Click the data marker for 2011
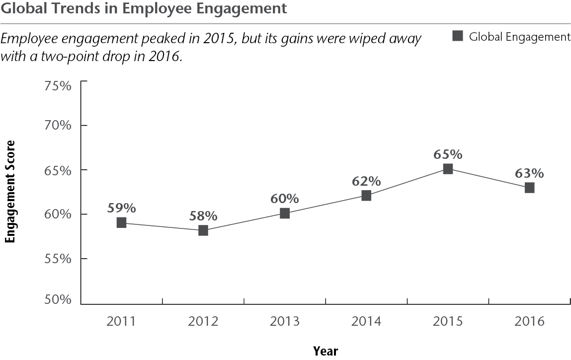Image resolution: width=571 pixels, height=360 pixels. [x=121, y=222]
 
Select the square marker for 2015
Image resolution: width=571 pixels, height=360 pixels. [x=448, y=169]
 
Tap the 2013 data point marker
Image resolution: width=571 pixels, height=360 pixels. [x=285, y=214]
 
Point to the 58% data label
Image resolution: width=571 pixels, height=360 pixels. [x=203, y=216]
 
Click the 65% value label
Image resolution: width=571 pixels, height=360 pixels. [x=448, y=154]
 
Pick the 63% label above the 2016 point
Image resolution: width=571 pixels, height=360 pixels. [x=529, y=173]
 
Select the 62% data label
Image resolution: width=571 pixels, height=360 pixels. [x=366, y=181]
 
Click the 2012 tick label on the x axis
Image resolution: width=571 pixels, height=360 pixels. [x=203, y=321]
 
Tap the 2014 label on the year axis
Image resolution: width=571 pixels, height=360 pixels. [x=366, y=321]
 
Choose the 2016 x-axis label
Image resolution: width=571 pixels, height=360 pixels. [x=529, y=321]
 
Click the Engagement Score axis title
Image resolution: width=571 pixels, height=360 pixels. [x=10, y=192]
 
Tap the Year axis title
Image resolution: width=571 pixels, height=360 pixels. [x=326, y=351]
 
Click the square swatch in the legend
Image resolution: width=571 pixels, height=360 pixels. [x=458, y=36]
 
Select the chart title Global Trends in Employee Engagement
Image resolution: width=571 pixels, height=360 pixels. [x=144, y=8]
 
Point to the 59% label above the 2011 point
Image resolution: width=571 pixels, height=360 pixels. [x=121, y=208]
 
